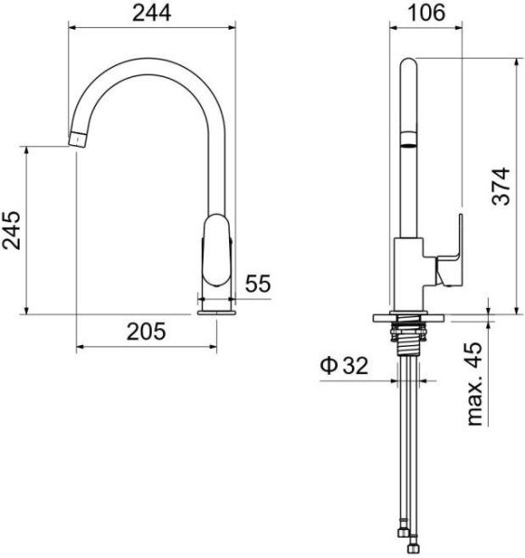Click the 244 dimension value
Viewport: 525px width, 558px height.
pyautogui.click(x=152, y=13)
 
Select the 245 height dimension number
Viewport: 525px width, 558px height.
pyautogui.click(x=11, y=231)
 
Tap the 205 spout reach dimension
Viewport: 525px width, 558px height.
pyautogui.click(x=146, y=331)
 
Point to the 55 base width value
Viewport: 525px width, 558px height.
pyautogui.click(x=258, y=284)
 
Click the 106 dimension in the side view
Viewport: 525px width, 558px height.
pyautogui.click(x=426, y=13)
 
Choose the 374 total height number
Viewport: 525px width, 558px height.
pyautogui.click(x=501, y=186)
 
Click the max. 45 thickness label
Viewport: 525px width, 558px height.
pyautogui.click(x=475, y=384)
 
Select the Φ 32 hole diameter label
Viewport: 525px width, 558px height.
pyautogui.click(x=344, y=365)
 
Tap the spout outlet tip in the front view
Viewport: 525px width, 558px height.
pyautogui.click(x=77, y=139)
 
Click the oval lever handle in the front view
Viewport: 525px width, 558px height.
pyautogui.click(x=216, y=250)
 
